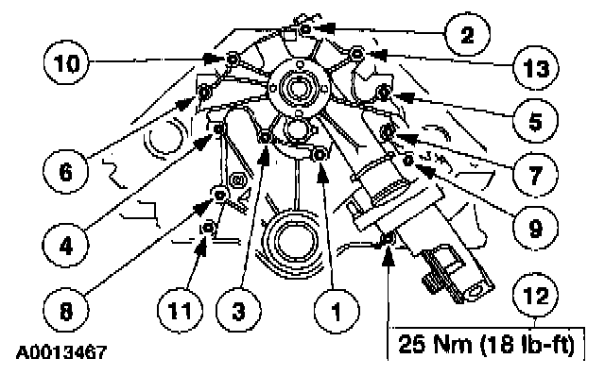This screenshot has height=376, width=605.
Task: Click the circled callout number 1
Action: tap(337, 310)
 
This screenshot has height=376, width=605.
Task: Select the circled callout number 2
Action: tap(467, 35)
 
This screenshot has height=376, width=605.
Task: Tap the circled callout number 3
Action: tap(238, 310)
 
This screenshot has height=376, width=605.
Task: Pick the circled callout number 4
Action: tap(65, 246)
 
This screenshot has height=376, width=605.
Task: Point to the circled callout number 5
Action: tap(536, 121)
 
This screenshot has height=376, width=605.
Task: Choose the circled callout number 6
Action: tap(65, 171)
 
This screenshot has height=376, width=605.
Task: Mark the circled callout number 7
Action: tap(536, 175)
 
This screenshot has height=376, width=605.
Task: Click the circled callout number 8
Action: tap(65, 310)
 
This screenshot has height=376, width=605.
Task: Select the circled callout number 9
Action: tap(536, 228)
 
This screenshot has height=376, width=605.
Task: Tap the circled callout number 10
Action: tap(65, 62)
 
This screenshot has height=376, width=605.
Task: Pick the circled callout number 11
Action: tap(180, 310)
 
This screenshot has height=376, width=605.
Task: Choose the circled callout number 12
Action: tap(536, 296)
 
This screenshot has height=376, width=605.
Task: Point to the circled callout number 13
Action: tap(536, 68)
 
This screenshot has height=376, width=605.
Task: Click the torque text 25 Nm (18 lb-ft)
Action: tap(486, 344)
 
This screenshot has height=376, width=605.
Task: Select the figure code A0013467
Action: tap(60, 352)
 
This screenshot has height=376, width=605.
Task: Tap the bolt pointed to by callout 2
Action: tap(305, 29)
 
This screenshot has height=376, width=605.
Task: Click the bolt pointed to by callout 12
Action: tap(388, 239)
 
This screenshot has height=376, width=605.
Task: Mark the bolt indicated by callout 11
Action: tap(208, 228)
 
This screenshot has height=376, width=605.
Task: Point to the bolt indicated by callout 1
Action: tap(320, 155)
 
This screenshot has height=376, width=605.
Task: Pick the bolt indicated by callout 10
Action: tap(233, 59)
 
